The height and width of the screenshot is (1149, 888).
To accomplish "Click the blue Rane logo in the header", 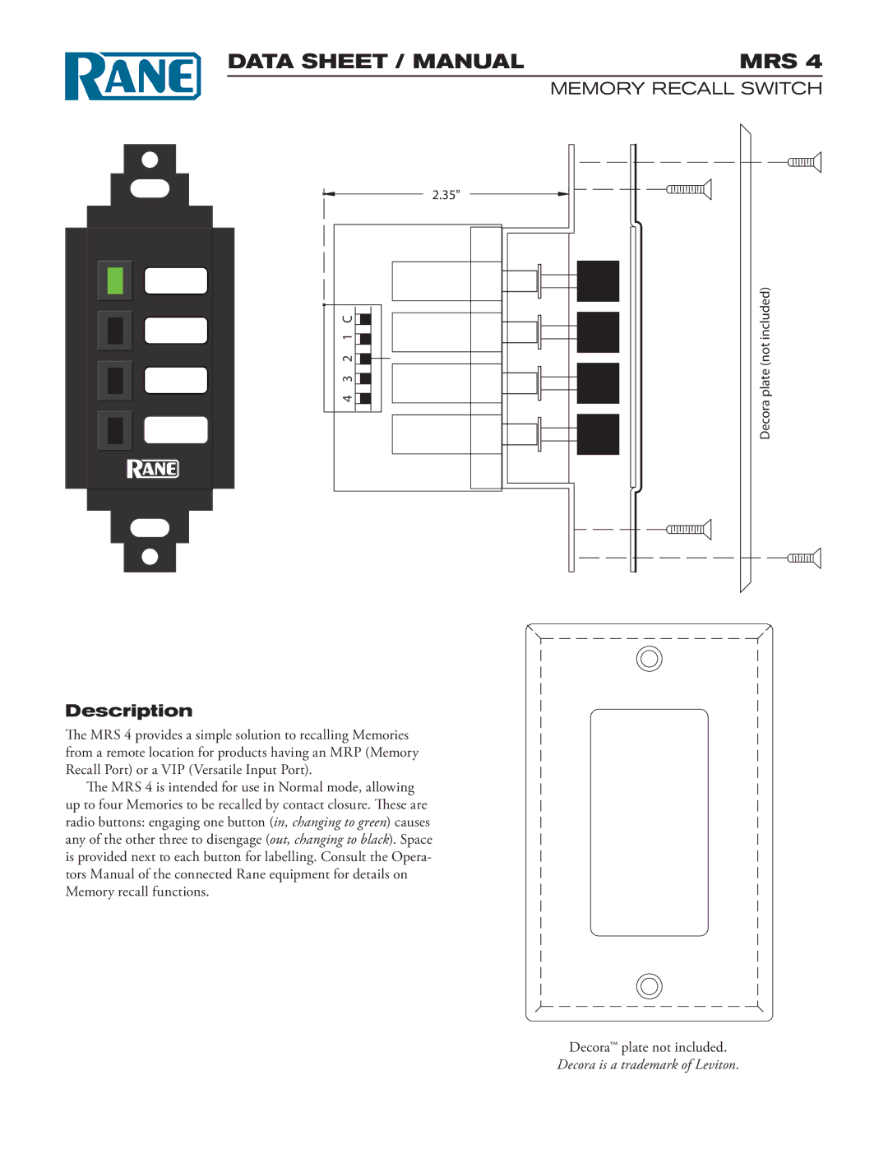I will click(x=132, y=76).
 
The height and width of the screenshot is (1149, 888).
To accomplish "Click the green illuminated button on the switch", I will click(x=115, y=280).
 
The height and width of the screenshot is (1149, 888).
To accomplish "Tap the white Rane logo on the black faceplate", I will click(x=152, y=469).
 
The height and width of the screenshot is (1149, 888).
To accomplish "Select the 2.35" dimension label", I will click(x=446, y=195).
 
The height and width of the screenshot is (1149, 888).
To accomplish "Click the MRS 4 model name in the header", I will click(x=779, y=62).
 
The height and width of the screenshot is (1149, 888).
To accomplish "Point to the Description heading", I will click(x=129, y=711).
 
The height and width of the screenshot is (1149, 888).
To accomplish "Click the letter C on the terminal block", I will click(x=348, y=318).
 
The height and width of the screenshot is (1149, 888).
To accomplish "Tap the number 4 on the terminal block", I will click(x=348, y=399).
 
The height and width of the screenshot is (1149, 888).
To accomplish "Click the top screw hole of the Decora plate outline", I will click(x=650, y=659).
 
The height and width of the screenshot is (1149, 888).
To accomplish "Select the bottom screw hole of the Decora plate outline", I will click(x=650, y=985).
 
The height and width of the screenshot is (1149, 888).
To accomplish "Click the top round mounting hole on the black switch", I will click(x=150, y=159).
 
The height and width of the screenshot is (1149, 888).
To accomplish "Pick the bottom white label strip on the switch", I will click(x=176, y=429).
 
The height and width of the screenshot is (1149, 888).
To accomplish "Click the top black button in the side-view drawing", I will click(x=598, y=281).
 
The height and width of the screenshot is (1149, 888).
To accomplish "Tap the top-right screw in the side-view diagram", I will click(x=804, y=162).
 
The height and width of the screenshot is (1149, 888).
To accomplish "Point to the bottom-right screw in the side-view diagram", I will click(x=804, y=558).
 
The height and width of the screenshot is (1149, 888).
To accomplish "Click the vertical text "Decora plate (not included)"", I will click(x=765, y=363).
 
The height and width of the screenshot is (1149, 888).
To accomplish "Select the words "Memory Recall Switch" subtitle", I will click(x=686, y=89).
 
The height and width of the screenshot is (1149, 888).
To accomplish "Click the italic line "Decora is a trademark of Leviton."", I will click(x=648, y=1065).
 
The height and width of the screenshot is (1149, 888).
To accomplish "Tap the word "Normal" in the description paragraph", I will click(x=301, y=787).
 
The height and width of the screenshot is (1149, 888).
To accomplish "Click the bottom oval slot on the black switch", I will click(x=150, y=528).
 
